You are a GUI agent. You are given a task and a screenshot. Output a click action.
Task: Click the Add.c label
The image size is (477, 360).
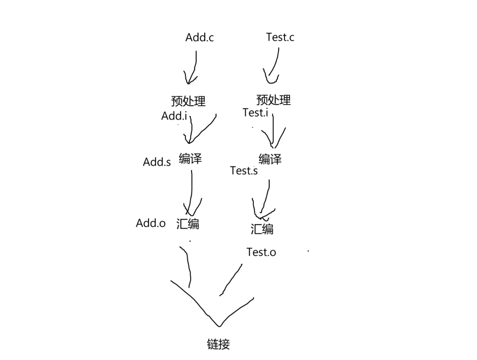pyautogui.click(x=199, y=37)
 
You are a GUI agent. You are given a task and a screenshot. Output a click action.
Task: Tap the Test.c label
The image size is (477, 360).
pyautogui.click(x=280, y=37)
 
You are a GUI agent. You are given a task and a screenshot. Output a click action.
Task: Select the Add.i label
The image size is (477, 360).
pyautogui.click(x=174, y=116)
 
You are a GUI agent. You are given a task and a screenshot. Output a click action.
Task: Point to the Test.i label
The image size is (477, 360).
pyautogui.click(x=255, y=113)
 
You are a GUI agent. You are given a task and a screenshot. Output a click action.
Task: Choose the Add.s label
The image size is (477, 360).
pyautogui.click(x=157, y=162)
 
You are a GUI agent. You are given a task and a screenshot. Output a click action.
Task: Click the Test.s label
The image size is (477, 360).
pyautogui.click(x=244, y=171)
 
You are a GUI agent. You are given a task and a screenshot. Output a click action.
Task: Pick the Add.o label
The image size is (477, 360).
pyautogui.click(x=151, y=223)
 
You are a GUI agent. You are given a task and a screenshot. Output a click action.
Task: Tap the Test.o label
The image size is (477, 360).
pyautogui.click(x=261, y=252)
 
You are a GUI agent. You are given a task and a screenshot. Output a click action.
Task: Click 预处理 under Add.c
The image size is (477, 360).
pyautogui.click(x=188, y=101)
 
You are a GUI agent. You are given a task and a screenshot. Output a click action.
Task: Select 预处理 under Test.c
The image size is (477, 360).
pyautogui.click(x=274, y=100)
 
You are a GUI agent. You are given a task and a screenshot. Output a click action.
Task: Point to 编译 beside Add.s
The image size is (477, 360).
pyautogui.click(x=190, y=159)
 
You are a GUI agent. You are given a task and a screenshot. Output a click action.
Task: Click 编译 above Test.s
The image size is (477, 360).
pyautogui.click(x=270, y=159)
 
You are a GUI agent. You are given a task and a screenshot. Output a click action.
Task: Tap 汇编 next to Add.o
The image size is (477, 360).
pyautogui.click(x=188, y=224)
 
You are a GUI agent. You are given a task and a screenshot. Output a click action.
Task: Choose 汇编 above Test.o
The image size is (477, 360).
pyautogui.click(x=262, y=229)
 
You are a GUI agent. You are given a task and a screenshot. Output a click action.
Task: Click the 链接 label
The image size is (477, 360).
pyautogui.click(x=218, y=344)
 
